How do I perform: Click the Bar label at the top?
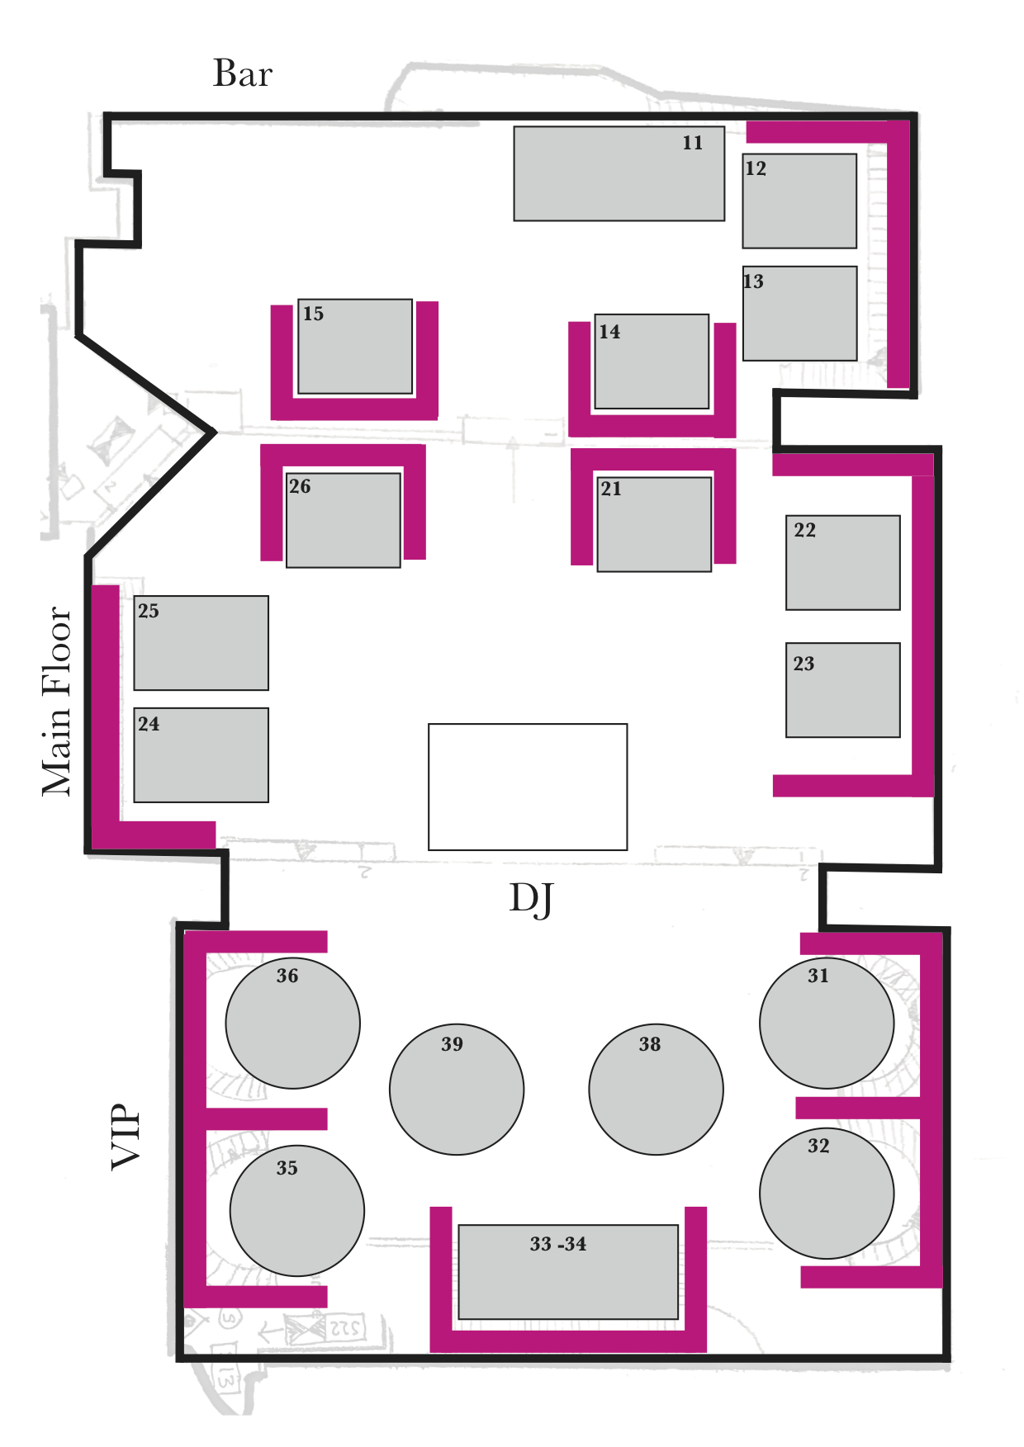pos(242,73)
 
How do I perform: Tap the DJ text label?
pos(531,899)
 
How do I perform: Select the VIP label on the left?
pos(126,1136)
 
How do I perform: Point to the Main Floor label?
pos(58,702)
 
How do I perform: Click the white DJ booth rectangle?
pos(528,787)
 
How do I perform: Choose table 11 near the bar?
pos(619,173)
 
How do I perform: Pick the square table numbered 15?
pos(355,347)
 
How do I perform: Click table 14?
pos(652,362)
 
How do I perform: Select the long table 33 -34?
pos(568,1272)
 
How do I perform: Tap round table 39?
pos(457,1090)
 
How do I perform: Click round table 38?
pos(657,1090)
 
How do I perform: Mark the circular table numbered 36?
pos(292,1024)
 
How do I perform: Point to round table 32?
pos(827,1194)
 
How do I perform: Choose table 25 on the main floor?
pos(201,643)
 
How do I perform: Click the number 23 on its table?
pos(804,664)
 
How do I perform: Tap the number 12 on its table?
pos(756,169)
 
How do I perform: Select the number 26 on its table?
pos(300,487)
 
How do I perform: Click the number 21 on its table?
pos(611,489)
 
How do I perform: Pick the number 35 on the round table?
pos(287,1168)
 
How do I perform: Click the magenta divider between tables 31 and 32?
pos(859,1108)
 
